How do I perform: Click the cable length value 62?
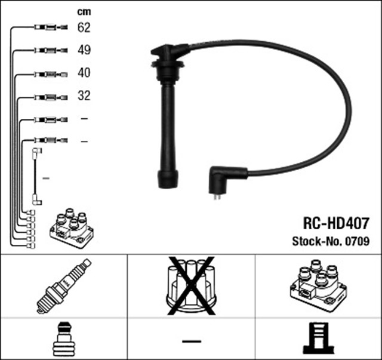(84, 27)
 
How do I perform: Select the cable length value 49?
(84, 50)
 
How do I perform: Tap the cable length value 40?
(84, 73)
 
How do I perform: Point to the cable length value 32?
(84, 96)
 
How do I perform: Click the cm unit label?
(84, 11)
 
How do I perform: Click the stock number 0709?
(357, 242)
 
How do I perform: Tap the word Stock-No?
(317, 242)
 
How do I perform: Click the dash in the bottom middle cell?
(190, 340)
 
